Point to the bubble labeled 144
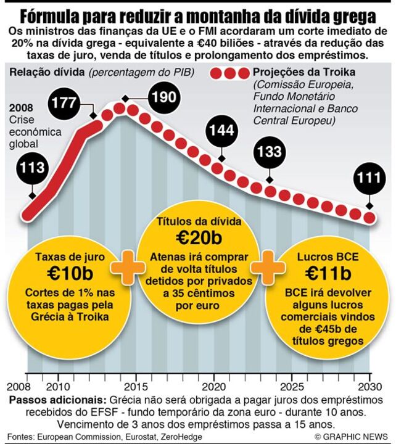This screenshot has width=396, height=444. (221, 131)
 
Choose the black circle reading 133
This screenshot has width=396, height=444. (270, 151)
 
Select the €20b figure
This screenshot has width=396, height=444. (198, 237)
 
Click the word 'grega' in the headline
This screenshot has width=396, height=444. (349, 15)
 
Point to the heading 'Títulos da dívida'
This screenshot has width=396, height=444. (198, 221)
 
